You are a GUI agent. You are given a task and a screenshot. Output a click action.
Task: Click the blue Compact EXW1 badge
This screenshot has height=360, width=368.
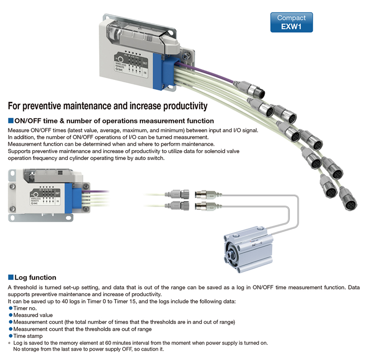click(291, 22)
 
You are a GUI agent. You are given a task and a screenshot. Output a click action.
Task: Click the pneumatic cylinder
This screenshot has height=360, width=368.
click(248, 249)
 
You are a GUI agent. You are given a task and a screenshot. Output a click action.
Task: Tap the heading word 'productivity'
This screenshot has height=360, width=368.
click(185, 106)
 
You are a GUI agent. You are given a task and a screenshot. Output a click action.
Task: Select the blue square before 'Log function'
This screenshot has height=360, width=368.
click(11, 277)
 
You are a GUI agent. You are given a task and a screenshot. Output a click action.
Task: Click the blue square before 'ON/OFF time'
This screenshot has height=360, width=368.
click(11, 120)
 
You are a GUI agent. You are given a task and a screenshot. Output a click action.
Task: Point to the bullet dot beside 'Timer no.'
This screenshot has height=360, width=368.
click(10, 308)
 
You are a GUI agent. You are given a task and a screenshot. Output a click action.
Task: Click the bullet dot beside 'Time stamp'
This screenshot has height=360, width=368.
click(10, 336)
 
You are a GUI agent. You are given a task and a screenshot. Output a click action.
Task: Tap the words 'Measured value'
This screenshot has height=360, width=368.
click(33, 315)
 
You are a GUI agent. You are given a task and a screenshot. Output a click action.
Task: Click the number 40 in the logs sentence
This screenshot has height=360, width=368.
click(65, 301)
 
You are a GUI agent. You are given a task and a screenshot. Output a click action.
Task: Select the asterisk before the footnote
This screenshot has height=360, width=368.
click(9, 343)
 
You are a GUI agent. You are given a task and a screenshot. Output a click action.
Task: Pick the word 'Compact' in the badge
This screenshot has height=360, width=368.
click(291, 18)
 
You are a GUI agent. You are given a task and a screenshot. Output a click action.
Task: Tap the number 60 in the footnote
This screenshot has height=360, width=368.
click(108, 343)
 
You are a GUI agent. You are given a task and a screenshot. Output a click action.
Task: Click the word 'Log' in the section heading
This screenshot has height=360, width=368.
click(21, 278)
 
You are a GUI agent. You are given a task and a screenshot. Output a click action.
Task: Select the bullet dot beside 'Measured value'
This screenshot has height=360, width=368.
click(10, 315)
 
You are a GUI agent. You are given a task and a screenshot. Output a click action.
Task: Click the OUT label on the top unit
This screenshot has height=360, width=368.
click(145, 63)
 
